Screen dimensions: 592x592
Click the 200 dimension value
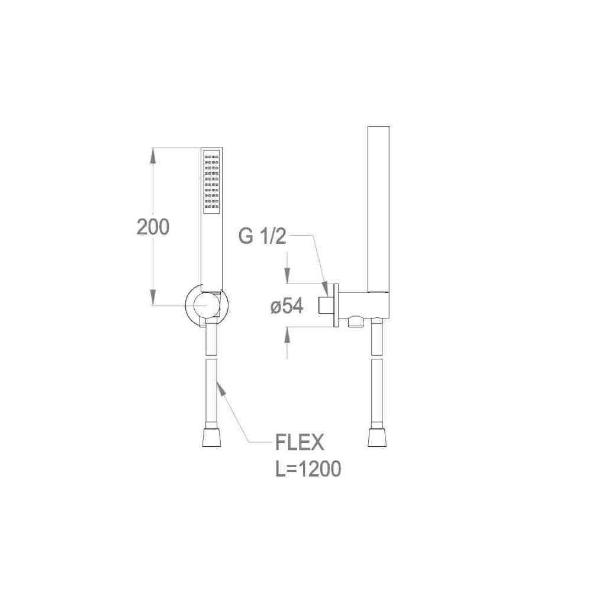click(x=153, y=227)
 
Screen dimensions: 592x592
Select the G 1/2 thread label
click(x=262, y=236)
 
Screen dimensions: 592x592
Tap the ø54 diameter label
click(x=287, y=306)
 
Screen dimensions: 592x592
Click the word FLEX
click(x=300, y=442)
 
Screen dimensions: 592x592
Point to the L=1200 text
click(x=308, y=468)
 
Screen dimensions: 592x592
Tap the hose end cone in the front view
click(x=211, y=437)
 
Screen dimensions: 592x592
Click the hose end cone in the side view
click(x=377, y=437)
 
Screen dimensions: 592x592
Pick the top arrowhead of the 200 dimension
click(x=153, y=155)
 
